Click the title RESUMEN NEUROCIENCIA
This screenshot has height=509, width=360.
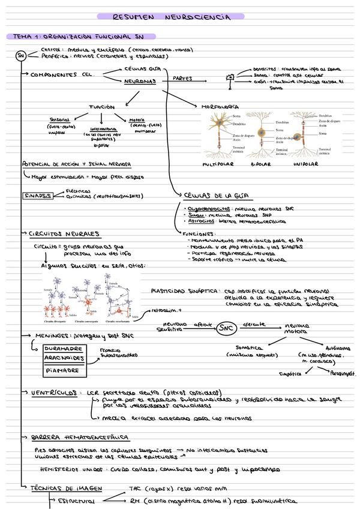[170, 17]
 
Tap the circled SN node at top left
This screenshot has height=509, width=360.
[21, 56]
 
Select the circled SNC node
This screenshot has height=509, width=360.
[226, 328]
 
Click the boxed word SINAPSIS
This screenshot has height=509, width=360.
[37, 195]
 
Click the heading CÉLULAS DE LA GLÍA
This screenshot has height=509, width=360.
[218, 196]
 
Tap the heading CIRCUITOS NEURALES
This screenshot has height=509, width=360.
[64, 233]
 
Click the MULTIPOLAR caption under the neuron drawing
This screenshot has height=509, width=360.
[218, 164]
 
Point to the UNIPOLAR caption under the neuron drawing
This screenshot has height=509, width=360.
[306, 164]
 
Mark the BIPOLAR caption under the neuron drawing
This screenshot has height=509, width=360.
[261, 164]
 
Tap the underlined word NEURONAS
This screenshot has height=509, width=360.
[142, 80]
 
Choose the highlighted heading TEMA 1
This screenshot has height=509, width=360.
[80, 37]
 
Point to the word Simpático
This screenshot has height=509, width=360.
[290, 373]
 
